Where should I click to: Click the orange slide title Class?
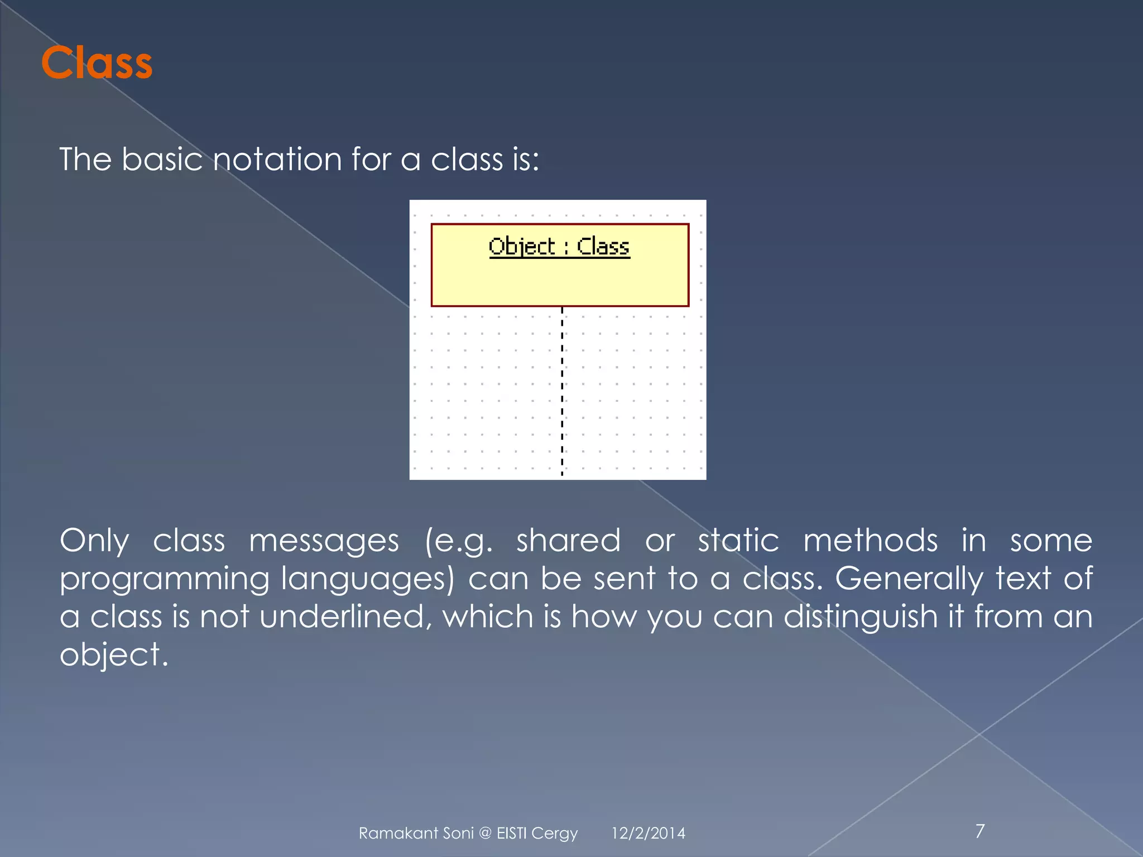tap(97, 62)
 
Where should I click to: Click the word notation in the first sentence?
tap(277, 160)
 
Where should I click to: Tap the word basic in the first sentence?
tap(162, 160)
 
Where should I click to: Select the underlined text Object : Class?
tap(559, 247)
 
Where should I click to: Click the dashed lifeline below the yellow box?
tap(562, 391)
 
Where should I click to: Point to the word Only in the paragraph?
tap(94, 541)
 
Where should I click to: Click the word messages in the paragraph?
tap(324, 541)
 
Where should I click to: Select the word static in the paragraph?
tap(738, 541)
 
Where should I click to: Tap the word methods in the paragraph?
tap(870, 541)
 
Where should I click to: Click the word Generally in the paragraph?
tap(909, 579)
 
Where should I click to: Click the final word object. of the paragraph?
tap(114, 655)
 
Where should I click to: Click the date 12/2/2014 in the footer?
tap(648, 834)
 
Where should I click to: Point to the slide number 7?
tap(980, 831)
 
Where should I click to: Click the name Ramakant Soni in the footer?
tap(416, 834)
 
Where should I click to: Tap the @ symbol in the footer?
tap(485, 834)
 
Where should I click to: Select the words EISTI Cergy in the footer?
tap(537, 834)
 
